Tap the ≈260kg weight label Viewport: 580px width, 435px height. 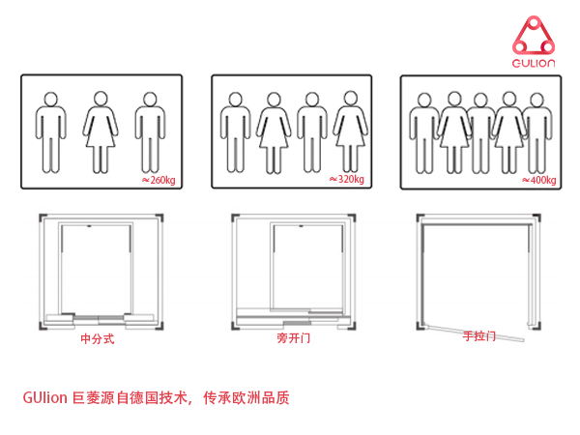point(159,179)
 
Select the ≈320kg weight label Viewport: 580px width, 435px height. point(347,179)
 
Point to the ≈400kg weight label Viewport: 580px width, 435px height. point(538,180)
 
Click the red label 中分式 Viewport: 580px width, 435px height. point(97,340)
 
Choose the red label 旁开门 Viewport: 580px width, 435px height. point(293,340)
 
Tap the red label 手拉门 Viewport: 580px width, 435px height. point(478,336)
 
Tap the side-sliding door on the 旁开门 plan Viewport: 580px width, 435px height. point(290,315)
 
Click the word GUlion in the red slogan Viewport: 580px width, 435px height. point(44,397)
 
